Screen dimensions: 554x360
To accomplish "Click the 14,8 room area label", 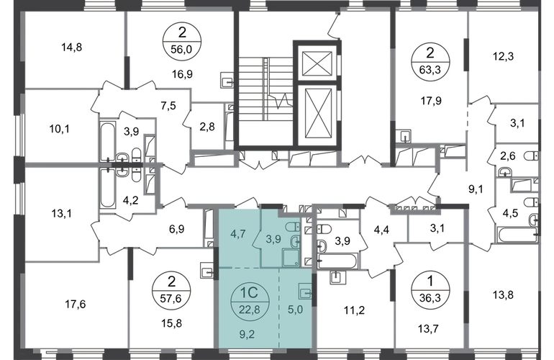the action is [72, 47].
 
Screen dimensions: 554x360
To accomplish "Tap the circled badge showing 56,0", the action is [181, 41].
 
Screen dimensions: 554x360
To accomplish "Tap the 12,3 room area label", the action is [503, 56].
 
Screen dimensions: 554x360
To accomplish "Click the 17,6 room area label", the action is [76, 304].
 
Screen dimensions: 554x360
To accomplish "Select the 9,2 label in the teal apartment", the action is [247, 334].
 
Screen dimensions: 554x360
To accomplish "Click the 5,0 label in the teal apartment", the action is [296, 310].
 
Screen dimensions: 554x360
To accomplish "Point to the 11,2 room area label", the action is [355, 310].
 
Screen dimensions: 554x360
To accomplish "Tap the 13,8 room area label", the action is [503, 294].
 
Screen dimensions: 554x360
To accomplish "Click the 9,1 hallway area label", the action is [476, 189].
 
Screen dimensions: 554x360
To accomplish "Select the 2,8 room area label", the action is [207, 126].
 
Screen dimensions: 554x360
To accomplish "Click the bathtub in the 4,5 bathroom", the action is [517, 235].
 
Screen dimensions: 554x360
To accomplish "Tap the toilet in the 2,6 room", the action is [531, 156].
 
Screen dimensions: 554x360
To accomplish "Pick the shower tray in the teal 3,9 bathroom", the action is [291, 257].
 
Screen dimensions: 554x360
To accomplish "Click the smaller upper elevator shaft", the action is [317, 63].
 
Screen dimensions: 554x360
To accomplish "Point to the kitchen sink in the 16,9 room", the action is [227, 80].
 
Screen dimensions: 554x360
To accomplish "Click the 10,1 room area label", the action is [59, 129].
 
